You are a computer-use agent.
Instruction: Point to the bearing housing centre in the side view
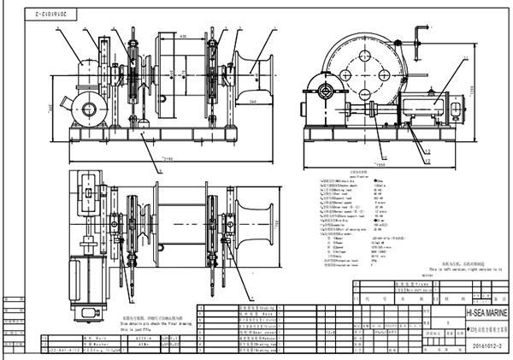tap(326, 90)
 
